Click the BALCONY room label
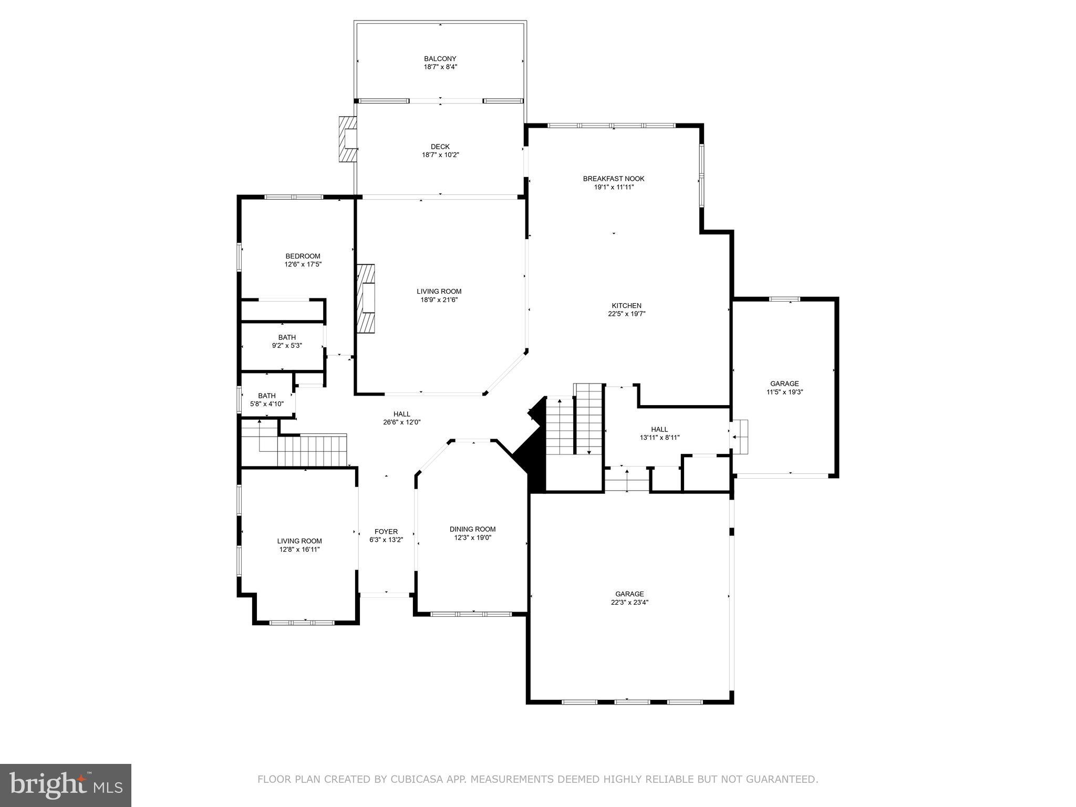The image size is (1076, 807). tap(440, 59)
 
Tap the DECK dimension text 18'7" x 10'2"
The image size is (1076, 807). tap(440, 155)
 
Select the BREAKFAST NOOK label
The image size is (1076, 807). tap(613, 179)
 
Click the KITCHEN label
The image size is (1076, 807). tap(626, 306)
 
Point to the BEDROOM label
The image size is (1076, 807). tap(303, 256)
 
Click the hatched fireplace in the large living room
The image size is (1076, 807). tap(367, 298)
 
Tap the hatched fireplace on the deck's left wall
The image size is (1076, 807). tap(348, 139)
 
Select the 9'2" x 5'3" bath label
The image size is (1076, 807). tap(287, 346)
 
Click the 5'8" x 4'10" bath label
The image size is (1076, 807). tap(266, 404)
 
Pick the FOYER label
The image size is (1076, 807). tap(386, 532)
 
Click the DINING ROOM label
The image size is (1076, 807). tap(472, 529)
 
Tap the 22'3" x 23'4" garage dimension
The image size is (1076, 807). tap(629, 603)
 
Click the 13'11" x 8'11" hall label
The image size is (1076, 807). tap(659, 437)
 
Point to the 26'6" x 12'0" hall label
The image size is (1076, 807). tap(401, 422)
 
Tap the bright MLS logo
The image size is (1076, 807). tap(66, 785)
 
